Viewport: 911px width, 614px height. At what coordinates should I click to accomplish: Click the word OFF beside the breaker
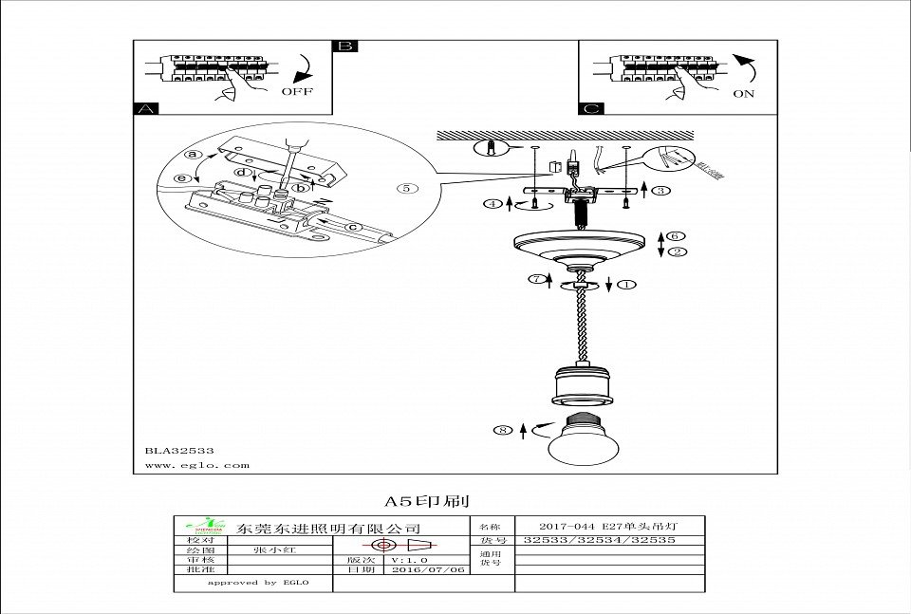pyautogui.click(x=296, y=93)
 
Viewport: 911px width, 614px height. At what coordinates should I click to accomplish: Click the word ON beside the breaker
pyautogui.click(x=743, y=94)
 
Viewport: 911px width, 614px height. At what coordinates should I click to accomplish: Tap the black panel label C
pyautogui.click(x=591, y=110)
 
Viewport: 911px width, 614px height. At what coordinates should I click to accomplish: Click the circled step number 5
pyautogui.click(x=406, y=188)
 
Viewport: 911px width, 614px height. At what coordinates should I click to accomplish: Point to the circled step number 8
pyautogui.click(x=503, y=430)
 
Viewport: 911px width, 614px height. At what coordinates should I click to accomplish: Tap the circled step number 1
pyautogui.click(x=627, y=283)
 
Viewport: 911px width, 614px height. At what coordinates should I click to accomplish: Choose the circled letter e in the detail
pyautogui.click(x=182, y=176)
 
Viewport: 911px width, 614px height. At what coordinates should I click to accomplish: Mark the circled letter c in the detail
pyautogui.click(x=351, y=226)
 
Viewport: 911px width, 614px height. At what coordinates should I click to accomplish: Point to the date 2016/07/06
pyautogui.click(x=429, y=570)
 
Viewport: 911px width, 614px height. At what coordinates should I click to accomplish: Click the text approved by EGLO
pyautogui.click(x=242, y=584)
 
